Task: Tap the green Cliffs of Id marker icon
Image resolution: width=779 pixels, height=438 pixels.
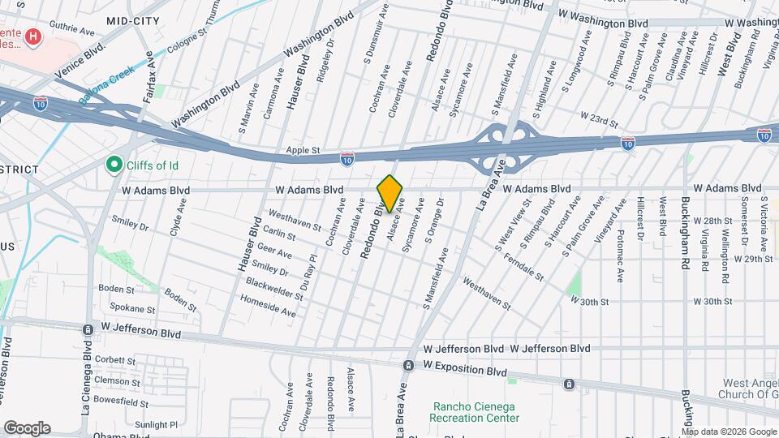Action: point(114,165)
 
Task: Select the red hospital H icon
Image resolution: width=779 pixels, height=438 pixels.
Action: point(33,36)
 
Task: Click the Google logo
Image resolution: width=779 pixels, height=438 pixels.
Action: point(27,428)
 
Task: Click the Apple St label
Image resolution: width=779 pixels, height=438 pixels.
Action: point(303,151)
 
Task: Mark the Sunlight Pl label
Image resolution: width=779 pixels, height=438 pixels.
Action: point(156,424)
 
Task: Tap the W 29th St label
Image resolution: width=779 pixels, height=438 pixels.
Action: point(754,259)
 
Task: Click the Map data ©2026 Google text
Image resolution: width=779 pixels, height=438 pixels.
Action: point(729,432)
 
